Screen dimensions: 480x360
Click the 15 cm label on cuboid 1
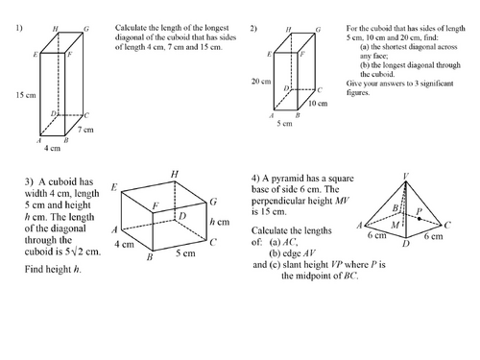click(26, 95)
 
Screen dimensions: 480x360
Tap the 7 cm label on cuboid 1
click(85, 130)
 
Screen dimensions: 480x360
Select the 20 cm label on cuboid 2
click(261, 82)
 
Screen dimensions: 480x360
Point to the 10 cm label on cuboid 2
click(318, 104)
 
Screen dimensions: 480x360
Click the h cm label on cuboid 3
click(220, 222)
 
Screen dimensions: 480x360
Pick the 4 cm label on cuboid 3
click(124, 244)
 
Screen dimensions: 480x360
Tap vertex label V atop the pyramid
click(406, 176)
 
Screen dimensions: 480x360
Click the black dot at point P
click(420, 219)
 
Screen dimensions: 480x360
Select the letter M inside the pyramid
click(396, 226)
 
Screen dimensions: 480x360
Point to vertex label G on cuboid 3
click(213, 202)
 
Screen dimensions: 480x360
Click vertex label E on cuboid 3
click(114, 187)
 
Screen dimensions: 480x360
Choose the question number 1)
click(19, 28)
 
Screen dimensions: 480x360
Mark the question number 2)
click(253, 29)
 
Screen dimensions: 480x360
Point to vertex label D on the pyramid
click(406, 244)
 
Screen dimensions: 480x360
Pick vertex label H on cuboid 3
click(175, 174)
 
